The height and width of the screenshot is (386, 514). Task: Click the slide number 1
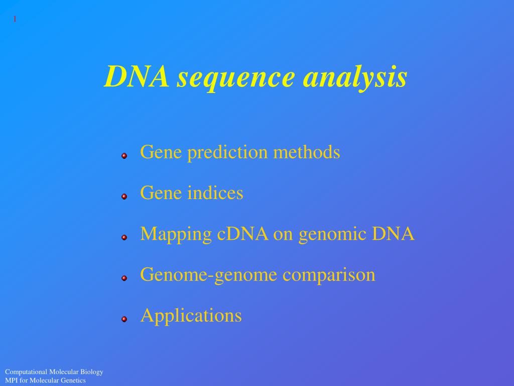pos(15,19)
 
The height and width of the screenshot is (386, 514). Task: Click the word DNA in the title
pos(137,76)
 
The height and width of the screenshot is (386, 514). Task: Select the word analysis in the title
pos(355,78)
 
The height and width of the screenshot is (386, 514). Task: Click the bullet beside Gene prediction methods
pos(124,156)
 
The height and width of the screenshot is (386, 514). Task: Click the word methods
pos(307,152)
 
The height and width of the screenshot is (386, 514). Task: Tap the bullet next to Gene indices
pos(124,197)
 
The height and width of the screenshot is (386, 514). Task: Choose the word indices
pos(215,192)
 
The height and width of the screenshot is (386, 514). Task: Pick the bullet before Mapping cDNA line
pos(124,237)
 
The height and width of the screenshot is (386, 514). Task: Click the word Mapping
pos(176,234)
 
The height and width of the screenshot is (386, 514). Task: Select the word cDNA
pos(242,234)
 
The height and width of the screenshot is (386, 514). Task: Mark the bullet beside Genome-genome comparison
pos(124,278)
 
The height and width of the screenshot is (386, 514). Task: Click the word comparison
pos(329,275)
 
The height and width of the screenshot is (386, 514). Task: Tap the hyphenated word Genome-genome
pos(208,275)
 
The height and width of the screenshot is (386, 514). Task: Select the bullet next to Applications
pos(124,319)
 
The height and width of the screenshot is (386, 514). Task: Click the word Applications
pos(191,316)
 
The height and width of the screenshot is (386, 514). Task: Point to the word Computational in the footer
pos(26,372)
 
